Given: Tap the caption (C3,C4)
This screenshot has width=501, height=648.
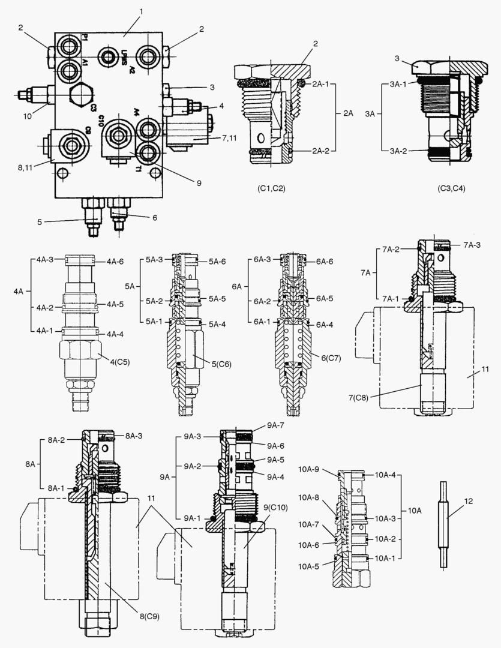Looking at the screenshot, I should point(451,188).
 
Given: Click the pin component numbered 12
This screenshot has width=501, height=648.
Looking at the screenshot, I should point(445,525).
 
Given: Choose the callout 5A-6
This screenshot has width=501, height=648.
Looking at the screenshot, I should point(217,262).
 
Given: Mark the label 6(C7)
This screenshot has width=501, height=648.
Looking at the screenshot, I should point(331,358).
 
